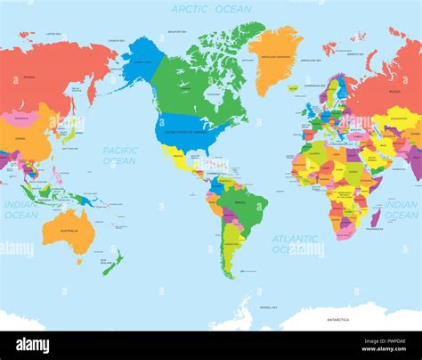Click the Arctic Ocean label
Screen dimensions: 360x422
[210, 9]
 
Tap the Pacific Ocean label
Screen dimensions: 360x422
[119, 156]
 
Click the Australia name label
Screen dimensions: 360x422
[69, 230]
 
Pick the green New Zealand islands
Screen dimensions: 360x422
[113, 262]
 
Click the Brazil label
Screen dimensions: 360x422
[240, 204]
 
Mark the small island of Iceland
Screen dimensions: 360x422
[293, 88]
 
